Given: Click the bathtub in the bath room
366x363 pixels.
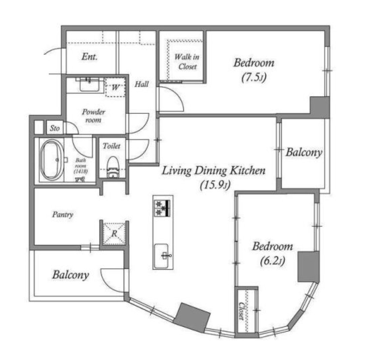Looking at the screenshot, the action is [52, 160].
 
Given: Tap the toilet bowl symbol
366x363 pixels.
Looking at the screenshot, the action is [113, 168].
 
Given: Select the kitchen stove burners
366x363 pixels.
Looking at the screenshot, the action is [162, 208].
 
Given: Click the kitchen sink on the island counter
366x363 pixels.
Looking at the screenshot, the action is [161, 256].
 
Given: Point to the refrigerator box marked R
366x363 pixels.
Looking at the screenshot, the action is [114, 233].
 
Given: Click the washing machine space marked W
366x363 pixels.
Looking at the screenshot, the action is [115, 87].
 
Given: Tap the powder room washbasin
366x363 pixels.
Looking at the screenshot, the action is [89, 85].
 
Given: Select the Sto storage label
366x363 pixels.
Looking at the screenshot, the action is [55, 128].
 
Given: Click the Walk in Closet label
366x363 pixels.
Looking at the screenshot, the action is [187, 62].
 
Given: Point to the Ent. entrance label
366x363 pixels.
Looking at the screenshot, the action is [89, 57].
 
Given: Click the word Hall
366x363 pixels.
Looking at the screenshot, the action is [141, 84].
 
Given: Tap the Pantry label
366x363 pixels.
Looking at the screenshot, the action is [63, 214].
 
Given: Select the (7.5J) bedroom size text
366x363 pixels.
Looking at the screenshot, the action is [254, 77].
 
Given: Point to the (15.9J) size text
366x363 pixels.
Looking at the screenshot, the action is [215, 185].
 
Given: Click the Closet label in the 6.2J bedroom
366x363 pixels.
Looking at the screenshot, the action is [241, 311].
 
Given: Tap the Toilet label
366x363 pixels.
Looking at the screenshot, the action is [112, 146].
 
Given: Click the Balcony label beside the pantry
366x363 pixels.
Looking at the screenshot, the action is [70, 275].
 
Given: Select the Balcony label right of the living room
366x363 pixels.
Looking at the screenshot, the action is [304, 153].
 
